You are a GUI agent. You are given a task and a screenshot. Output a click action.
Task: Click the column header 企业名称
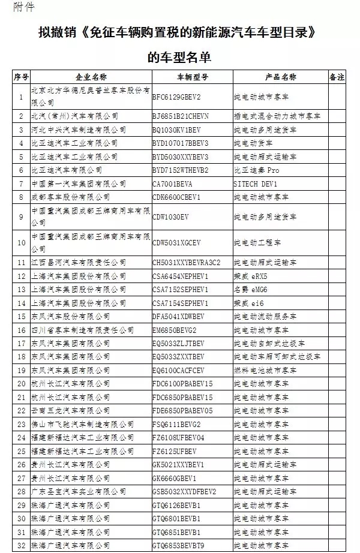[91, 77]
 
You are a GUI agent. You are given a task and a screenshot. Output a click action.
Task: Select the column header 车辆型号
[192, 77]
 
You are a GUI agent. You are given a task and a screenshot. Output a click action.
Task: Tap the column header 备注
[337, 77]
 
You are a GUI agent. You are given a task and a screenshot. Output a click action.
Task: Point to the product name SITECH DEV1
[255, 184]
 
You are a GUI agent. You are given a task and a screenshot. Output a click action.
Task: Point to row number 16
[22, 330]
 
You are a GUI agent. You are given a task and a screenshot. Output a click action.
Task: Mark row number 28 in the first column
[22, 491]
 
